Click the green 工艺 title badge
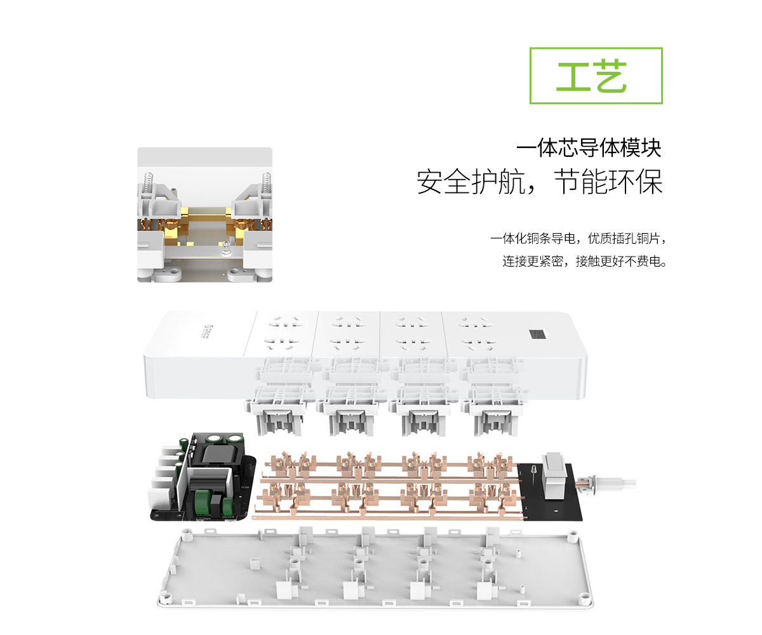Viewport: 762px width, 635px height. (x=596, y=76)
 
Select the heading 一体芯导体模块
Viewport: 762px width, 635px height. (x=588, y=148)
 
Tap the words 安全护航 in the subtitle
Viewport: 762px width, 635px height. (x=471, y=182)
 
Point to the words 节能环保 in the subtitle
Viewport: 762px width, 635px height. (x=608, y=182)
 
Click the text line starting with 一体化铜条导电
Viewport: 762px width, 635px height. (x=578, y=239)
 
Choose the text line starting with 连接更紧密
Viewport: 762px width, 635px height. (x=584, y=261)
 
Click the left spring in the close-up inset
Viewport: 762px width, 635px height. (x=148, y=184)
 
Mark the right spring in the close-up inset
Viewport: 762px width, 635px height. (x=267, y=184)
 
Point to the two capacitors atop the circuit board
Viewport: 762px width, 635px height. (x=224, y=438)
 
